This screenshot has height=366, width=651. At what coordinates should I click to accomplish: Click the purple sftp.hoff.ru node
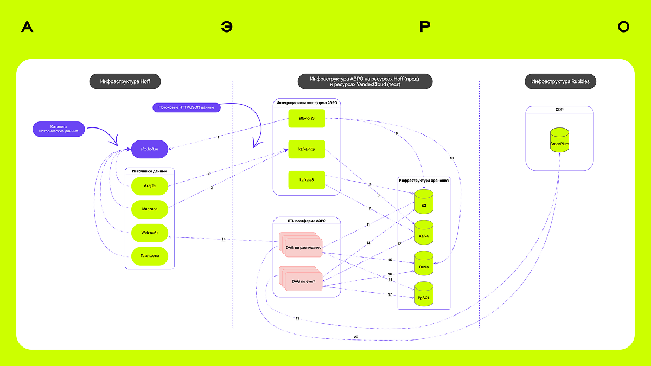coord(150,149)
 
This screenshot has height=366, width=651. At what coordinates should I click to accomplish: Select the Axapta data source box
coord(150,185)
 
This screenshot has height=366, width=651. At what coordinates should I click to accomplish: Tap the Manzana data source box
coord(150,208)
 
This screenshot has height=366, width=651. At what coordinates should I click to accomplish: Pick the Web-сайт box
coord(150,232)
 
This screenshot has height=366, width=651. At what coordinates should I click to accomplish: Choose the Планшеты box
coord(150,256)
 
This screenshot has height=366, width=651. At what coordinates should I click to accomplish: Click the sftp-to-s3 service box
coord(307,118)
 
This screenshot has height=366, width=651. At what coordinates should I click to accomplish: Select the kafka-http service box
coord(307,149)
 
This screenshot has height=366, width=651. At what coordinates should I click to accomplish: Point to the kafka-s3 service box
coord(307,179)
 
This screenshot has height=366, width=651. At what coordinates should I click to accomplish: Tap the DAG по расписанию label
coord(303,248)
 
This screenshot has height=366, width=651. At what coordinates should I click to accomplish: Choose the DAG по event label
coord(303,281)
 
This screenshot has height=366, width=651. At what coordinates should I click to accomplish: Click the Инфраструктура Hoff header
coord(125,82)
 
